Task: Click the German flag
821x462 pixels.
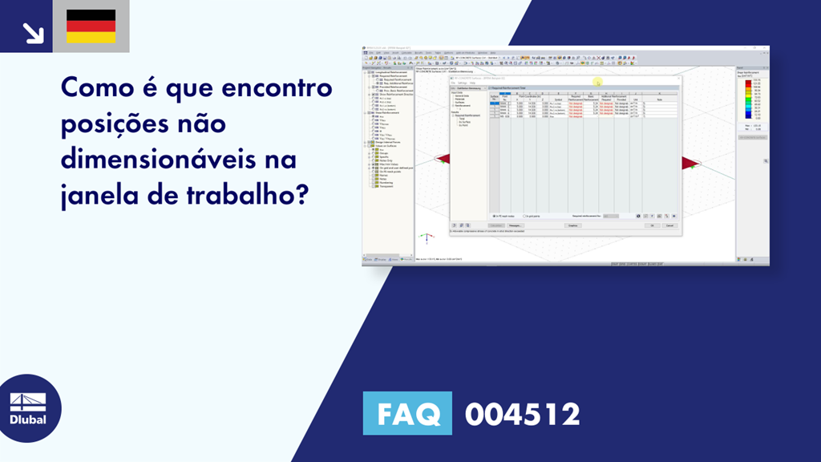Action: point(91,26)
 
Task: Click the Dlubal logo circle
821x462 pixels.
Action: point(28,408)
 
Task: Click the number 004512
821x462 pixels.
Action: point(522,415)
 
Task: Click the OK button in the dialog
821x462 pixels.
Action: point(653,225)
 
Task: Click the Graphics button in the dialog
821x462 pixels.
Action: point(572,225)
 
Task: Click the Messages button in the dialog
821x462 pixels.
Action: point(515,225)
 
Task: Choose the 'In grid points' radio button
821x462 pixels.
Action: point(525,216)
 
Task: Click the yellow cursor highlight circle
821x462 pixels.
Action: point(597,82)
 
